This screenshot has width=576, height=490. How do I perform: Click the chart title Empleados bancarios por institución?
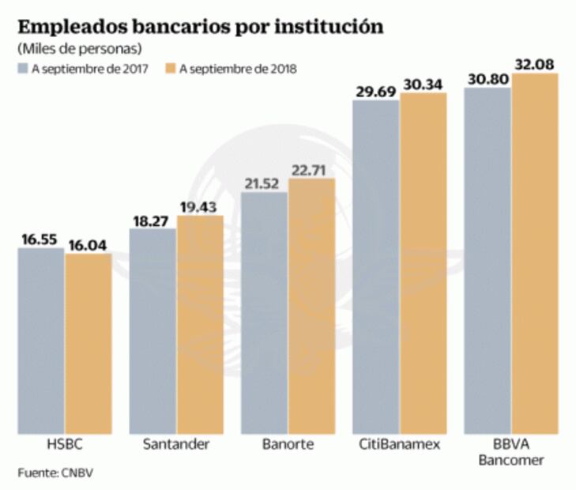click(x=201, y=27)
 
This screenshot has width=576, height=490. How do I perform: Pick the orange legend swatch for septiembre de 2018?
click(x=171, y=69)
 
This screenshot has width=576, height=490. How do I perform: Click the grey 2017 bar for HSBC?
click(x=41, y=341)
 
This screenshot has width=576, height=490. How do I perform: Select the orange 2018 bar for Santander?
click(x=200, y=324)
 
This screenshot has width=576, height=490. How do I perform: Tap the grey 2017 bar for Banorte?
click(x=264, y=313)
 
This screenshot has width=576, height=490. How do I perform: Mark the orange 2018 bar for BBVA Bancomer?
click(x=535, y=253)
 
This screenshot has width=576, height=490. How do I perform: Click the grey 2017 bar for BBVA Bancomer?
click(x=488, y=261)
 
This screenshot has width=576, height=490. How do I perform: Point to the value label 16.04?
click(x=88, y=245)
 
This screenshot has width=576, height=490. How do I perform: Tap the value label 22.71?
click(x=312, y=169)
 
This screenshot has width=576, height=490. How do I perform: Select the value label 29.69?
click(x=376, y=92)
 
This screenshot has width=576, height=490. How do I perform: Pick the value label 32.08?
click(x=535, y=63)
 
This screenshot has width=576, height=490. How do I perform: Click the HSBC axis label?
click(x=64, y=444)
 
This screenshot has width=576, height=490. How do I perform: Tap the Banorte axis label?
click(x=288, y=444)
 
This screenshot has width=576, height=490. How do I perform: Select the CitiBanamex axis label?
click(x=400, y=444)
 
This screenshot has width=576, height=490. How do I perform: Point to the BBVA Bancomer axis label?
click(x=511, y=452)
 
